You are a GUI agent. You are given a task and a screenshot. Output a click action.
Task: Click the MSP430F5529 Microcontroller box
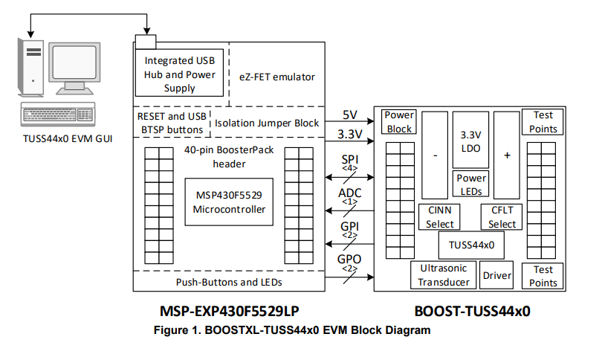pyautogui.click(x=229, y=202)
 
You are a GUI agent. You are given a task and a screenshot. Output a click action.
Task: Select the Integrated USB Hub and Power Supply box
pyautogui.click(x=180, y=74)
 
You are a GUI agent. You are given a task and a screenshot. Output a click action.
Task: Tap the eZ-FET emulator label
pyautogui.click(x=277, y=77)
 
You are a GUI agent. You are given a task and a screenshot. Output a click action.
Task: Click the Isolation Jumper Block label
pyautogui.click(x=267, y=123)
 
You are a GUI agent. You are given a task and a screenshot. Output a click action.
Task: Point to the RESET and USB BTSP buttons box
pyautogui.click(x=171, y=123)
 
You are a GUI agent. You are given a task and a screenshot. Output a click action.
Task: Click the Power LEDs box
pyautogui.click(x=470, y=184)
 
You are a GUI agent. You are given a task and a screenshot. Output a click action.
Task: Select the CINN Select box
pyautogui.click(x=438, y=216)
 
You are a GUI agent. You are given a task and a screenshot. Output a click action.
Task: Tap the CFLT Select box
pyautogui.click(x=502, y=216)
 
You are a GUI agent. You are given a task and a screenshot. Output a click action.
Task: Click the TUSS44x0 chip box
pyautogui.click(x=470, y=243)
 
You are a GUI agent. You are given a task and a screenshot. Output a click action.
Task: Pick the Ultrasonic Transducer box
pyautogui.click(x=443, y=274)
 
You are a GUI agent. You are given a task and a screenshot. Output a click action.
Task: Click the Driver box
pyautogui.click(x=497, y=276)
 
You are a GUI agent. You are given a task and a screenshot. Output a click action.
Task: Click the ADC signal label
pyautogui.click(x=349, y=194)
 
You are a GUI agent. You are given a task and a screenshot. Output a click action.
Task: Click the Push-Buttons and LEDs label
pyautogui.click(x=229, y=282)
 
